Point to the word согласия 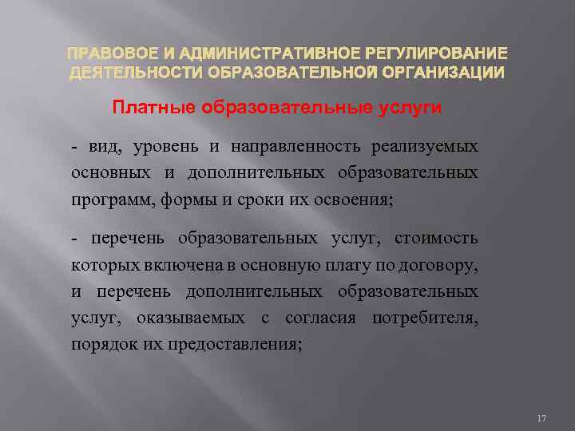pyautogui.click(x=315, y=318)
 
